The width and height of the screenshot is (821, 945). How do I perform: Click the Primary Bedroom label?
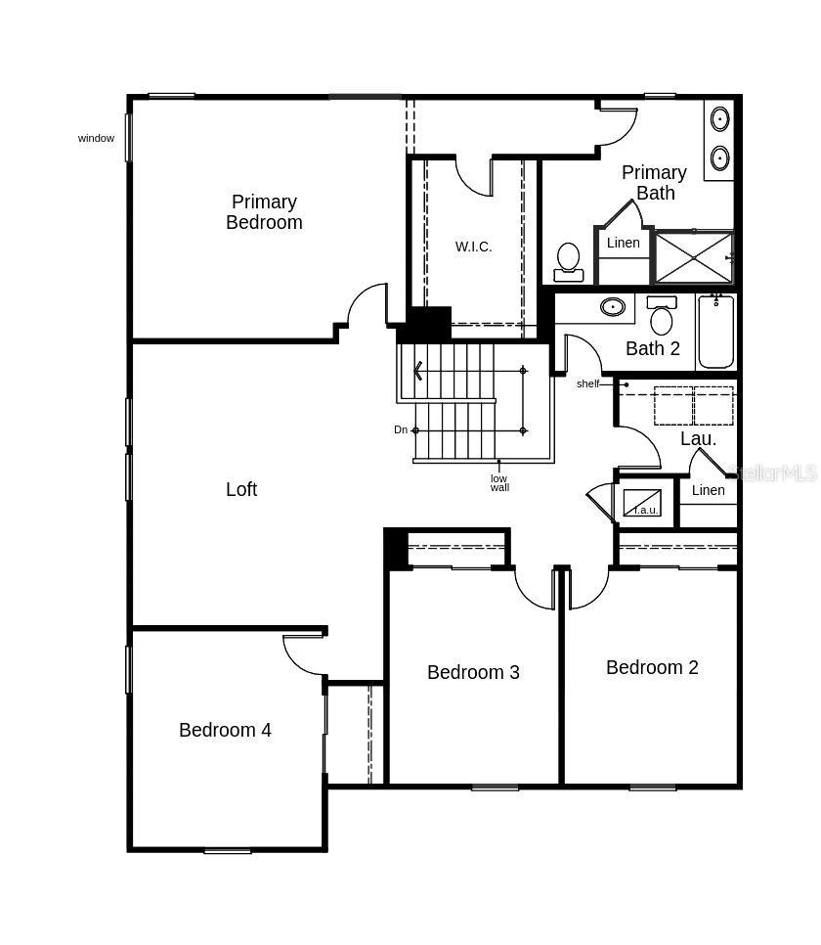264,212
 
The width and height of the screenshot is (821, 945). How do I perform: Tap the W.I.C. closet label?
473,247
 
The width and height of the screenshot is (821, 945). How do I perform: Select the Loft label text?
241,489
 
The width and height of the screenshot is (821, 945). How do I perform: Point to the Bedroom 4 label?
225,730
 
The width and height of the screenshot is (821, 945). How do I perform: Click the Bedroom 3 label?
473,672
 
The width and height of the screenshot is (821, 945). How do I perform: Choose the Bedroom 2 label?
652,667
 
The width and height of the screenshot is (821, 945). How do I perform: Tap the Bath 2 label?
652,348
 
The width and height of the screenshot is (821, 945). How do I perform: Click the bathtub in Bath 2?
715,333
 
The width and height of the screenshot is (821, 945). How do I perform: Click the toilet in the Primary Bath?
568,260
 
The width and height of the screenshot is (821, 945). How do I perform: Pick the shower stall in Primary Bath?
693,257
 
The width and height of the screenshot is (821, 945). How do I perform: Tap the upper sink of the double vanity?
719,120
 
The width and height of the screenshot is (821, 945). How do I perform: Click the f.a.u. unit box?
642,503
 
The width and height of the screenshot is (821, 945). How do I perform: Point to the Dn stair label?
401,429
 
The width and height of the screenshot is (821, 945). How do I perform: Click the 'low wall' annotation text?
499,482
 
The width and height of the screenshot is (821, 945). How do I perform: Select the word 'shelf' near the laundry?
587,383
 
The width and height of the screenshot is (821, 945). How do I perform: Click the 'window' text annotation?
96,138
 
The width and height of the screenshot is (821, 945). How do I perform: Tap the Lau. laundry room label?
698,439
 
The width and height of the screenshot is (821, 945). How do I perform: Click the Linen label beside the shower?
623,243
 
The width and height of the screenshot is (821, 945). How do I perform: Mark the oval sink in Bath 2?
613,307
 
